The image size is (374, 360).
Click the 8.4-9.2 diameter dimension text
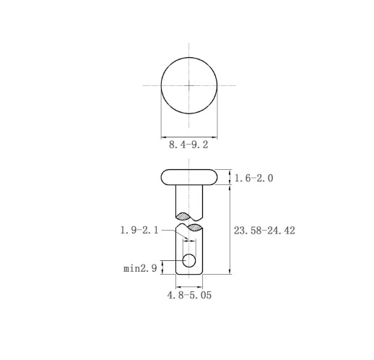[188, 145]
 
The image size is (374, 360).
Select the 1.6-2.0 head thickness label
[253, 179]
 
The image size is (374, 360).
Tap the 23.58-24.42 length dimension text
[264, 231]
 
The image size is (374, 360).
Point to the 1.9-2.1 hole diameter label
[139, 230]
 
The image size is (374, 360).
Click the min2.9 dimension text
[140, 268]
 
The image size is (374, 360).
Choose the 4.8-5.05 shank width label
[189, 295]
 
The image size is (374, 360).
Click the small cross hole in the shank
[189, 260]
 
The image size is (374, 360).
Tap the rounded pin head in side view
[189, 177]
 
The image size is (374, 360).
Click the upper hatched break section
[184, 216]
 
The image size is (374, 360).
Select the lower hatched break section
[195, 227]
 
